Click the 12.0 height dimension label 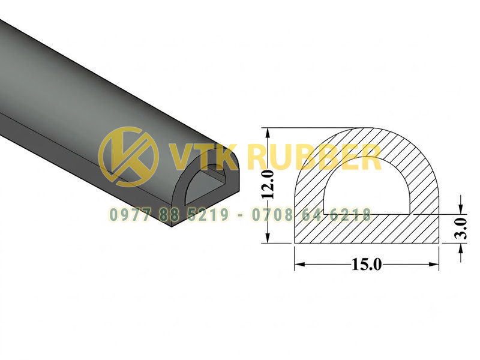point(269,185)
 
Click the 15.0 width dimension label point(367,265)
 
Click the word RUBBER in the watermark point(317,157)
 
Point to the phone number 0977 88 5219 point(169,214)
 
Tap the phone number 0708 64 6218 point(311,214)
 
